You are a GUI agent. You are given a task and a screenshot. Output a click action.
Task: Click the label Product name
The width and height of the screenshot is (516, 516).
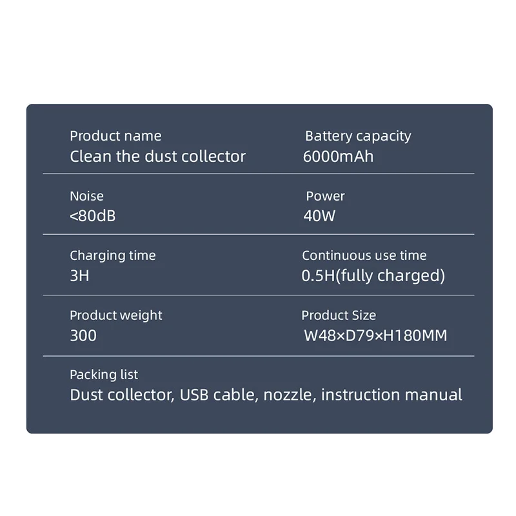(115, 136)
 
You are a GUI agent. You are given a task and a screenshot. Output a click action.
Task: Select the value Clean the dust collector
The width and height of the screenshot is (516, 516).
(157, 156)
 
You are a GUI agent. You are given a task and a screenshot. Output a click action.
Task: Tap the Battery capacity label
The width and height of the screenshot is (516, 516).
(357, 136)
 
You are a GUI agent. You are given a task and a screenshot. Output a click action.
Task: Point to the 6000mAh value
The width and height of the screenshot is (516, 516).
(338, 156)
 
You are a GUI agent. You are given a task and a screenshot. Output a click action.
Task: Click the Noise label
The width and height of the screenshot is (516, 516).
(86, 196)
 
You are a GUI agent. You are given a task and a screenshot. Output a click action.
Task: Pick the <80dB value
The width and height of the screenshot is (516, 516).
(93, 216)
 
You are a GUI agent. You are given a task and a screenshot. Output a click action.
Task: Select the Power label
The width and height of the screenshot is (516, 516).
(325, 196)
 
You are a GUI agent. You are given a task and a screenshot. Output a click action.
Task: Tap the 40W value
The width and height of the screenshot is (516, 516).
(319, 216)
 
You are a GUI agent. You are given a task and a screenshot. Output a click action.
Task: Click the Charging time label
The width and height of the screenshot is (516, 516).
(113, 256)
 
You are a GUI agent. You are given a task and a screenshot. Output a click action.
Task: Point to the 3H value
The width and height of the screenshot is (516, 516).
(79, 276)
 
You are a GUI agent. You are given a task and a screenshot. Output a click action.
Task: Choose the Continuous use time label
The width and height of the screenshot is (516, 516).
(364, 256)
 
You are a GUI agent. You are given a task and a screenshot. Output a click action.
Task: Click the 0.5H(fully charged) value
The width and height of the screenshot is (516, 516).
(373, 276)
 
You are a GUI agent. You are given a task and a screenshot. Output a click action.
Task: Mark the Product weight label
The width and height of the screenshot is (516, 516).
(116, 315)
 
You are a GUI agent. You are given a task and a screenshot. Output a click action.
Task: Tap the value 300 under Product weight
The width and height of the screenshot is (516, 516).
(83, 335)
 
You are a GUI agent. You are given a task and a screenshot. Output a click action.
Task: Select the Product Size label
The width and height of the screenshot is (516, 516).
(339, 315)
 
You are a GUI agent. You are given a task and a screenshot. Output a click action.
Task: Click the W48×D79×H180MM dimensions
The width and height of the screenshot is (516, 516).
(375, 335)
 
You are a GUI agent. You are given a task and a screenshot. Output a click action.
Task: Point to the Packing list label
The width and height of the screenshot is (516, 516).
(104, 375)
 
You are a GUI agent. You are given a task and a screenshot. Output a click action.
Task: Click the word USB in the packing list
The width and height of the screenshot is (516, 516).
(195, 395)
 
